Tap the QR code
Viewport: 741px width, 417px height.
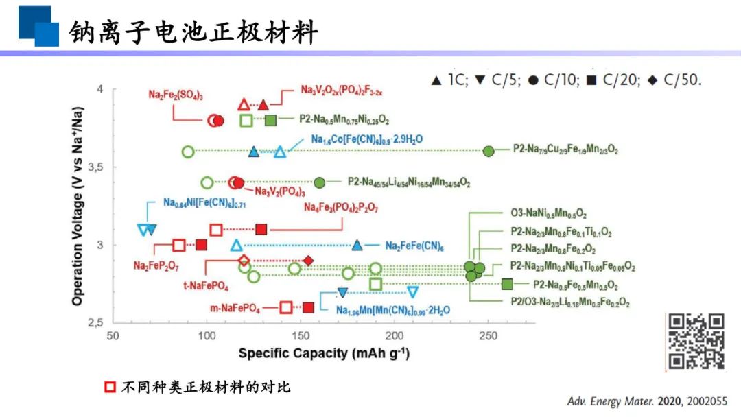coord(696,341)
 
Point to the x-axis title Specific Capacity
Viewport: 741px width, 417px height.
coord(324,353)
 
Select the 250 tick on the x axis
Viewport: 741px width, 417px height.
coord(488,337)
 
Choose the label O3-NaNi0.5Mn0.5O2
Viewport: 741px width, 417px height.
coord(548,215)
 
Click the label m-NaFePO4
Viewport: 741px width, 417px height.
coord(235,308)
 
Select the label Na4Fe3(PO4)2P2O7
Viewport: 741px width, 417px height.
coord(340,207)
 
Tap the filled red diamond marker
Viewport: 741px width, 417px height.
coord(309,261)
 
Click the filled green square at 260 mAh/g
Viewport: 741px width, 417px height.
coord(507,285)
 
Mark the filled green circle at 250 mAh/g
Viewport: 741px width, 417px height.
coord(488,151)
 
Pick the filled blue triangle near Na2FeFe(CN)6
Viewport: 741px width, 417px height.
coord(357,246)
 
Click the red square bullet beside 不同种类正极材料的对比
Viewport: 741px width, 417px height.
coord(110,387)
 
